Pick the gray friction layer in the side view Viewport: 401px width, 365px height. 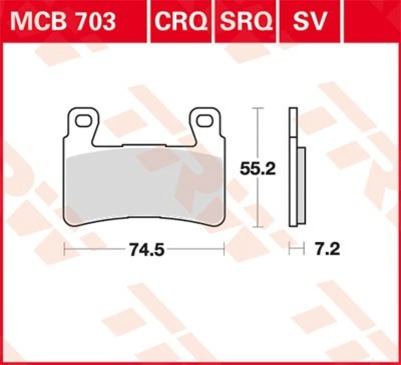pos(300,185)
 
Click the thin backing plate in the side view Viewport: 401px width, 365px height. pos(292,165)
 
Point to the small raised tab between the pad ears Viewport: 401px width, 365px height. pos(145,146)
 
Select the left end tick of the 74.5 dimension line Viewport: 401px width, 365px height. pos(65,248)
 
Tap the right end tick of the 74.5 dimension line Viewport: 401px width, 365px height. pos(224,248)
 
